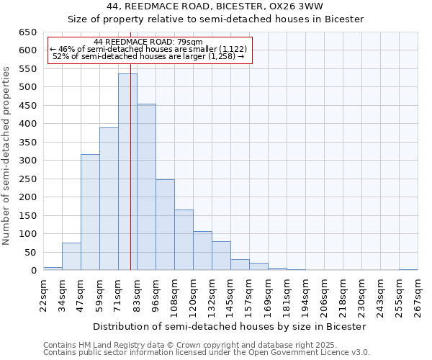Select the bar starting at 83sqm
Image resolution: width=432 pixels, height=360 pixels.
146,187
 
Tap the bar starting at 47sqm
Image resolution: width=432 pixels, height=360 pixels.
90,212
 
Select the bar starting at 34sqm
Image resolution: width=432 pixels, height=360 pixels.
71,256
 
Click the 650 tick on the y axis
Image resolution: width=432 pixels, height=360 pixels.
27,32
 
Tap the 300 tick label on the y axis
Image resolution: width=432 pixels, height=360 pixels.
27,161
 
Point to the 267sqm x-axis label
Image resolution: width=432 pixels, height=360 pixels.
418,296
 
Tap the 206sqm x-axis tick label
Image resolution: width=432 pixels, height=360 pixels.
325,296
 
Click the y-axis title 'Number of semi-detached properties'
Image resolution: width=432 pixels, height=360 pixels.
7,155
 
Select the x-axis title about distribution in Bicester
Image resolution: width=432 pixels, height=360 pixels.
230,326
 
